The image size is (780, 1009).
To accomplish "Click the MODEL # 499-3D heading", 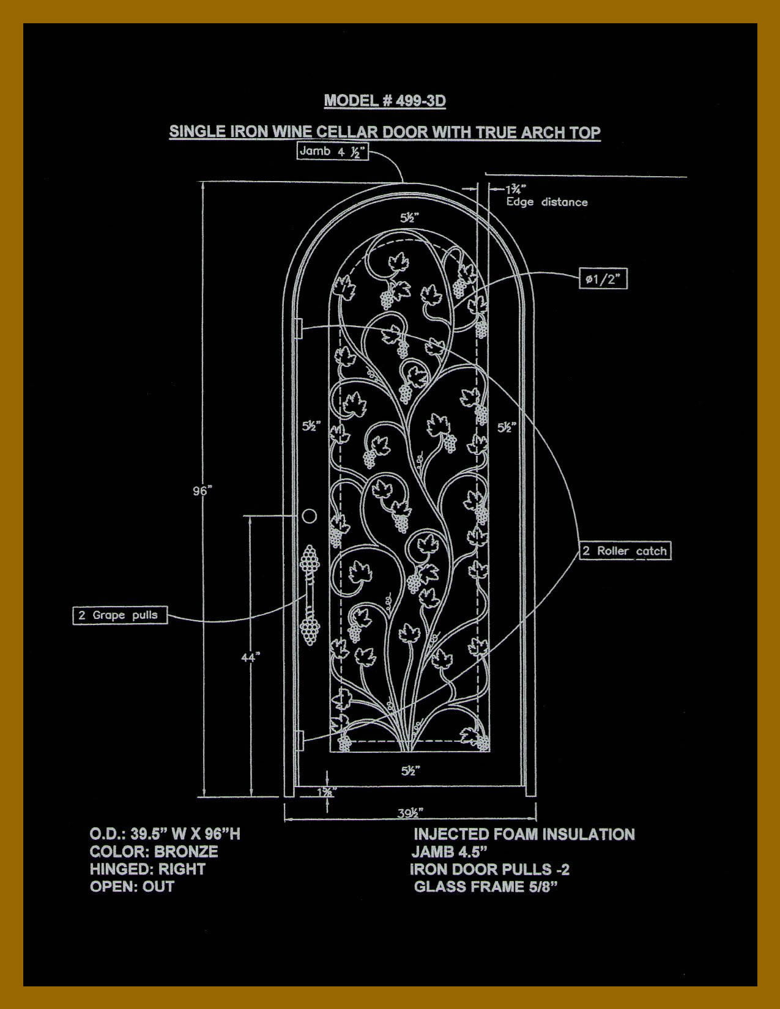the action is point(385,101).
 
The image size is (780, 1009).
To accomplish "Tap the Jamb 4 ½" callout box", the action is point(333,151).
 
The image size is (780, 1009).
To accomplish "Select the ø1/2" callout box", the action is point(603,279).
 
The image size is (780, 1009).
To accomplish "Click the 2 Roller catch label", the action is point(625,551).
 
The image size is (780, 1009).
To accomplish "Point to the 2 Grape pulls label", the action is point(120,615).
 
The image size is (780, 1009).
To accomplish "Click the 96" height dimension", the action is point(202,491).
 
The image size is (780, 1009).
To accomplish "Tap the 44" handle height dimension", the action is point(250,657).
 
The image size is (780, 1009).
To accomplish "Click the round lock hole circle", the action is point(310,516).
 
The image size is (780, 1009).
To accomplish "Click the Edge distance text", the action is point(547,202).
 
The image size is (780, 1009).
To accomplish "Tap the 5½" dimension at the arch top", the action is point(410,217).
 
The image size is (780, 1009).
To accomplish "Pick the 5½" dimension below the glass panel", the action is point(410,771).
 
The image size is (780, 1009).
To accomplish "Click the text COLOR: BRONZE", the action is point(154,852).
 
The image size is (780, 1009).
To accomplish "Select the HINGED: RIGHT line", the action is point(147,869).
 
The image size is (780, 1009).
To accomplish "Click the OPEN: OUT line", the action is point(132,887).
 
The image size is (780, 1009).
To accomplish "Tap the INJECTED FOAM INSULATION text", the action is point(524,834).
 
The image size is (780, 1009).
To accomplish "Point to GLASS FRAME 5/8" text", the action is point(486,887).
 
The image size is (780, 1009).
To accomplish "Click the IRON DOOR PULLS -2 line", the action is point(489,869).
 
